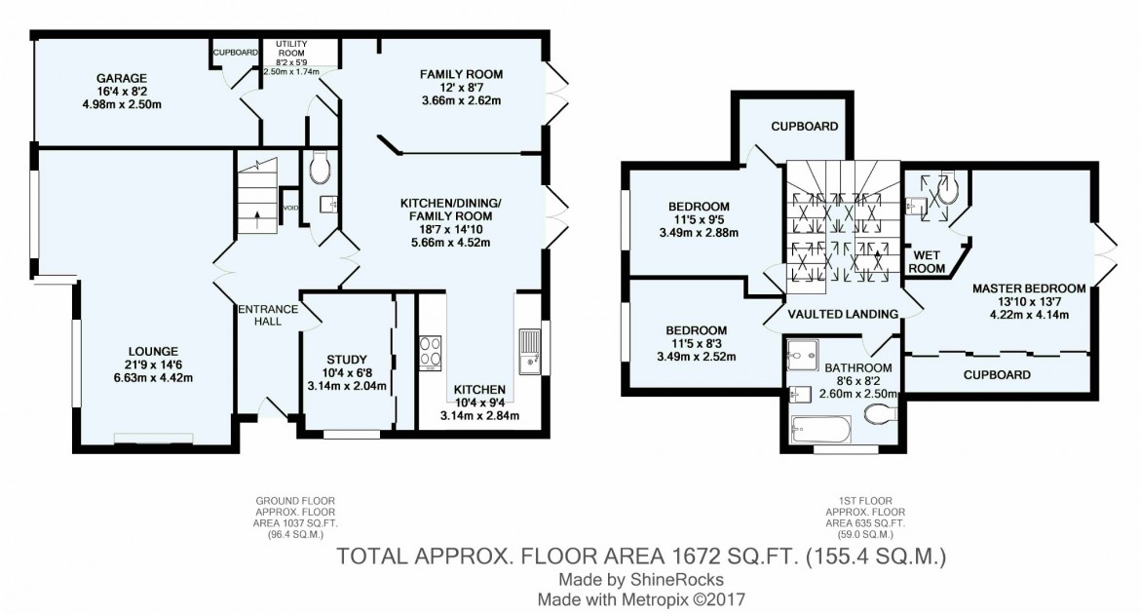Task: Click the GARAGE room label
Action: pos(121,77)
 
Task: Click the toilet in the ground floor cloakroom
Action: pos(319,171)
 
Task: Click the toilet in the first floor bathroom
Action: pos(880,416)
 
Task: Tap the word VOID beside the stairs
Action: pos(289,208)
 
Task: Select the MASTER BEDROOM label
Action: pos(1028,288)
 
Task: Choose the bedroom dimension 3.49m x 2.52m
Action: pos(697,357)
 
